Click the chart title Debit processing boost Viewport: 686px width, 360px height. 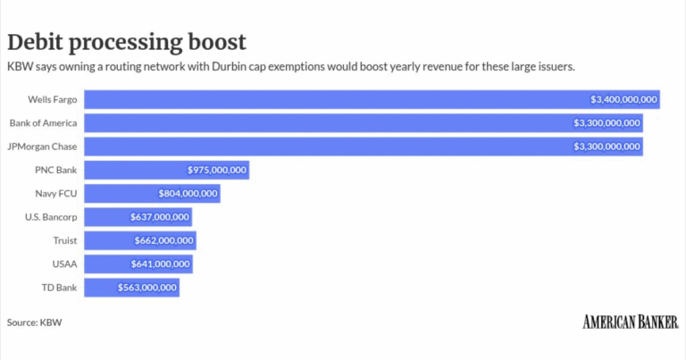pyautogui.click(x=127, y=42)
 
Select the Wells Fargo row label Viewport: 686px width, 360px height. pyautogui.click(x=53, y=99)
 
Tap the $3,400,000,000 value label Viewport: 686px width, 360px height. pyautogui.click(x=623, y=99)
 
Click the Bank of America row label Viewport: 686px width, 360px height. pyautogui.click(x=43, y=123)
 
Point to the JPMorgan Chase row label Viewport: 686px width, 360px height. pyautogui.click(x=42, y=147)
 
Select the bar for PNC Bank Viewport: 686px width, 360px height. pyautogui.click(x=167, y=170)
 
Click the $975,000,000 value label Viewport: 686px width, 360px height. pyautogui.click(x=217, y=170)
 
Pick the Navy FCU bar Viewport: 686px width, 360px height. pyautogui.click(x=152, y=193)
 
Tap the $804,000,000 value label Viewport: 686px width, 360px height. pyautogui.click(x=188, y=193)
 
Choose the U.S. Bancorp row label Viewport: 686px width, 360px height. pyautogui.click(x=51, y=217)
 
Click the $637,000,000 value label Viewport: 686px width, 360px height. pyautogui.click(x=160, y=217)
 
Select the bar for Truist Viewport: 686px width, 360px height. pyautogui.click(x=140, y=240)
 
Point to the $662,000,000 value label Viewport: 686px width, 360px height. pyautogui.click(x=163, y=240)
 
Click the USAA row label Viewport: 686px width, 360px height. pyautogui.click(x=64, y=264)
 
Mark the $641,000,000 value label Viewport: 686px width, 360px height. pyautogui.click(x=160, y=264)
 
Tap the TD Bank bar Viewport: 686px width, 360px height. pyautogui.click(x=131, y=288)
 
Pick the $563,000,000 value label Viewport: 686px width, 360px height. pyautogui.click(x=147, y=288)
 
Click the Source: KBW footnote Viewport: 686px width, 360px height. pyautogui.click(x=35, y=322)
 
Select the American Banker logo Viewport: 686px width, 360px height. pyautogui.click(x=631, y=322)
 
